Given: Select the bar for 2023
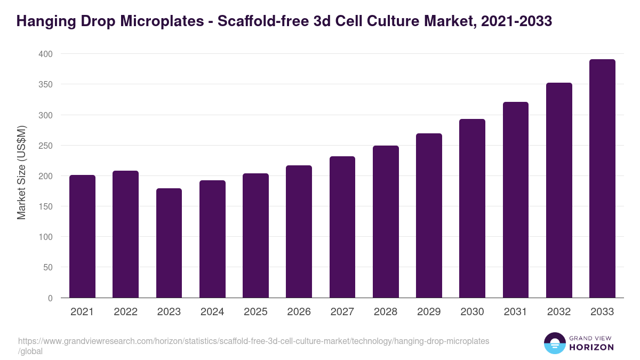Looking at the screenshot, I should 169,243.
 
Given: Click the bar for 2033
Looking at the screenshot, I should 602,179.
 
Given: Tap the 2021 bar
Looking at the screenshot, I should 82,236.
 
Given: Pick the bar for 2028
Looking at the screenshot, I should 386,222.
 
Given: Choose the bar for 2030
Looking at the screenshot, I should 472,209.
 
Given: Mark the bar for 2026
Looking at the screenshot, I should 299,231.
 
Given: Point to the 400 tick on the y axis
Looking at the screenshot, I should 45,54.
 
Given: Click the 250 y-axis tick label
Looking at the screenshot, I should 45,146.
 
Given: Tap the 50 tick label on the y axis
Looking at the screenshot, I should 47,267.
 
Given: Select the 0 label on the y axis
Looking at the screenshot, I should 50,298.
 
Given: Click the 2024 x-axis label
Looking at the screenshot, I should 212,312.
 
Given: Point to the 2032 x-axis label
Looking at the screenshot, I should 559,312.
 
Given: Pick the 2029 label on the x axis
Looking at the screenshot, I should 429,312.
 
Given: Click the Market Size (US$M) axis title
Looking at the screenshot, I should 21,173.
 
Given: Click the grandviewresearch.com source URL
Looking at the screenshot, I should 253,341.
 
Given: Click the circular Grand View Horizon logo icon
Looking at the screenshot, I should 554,343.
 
